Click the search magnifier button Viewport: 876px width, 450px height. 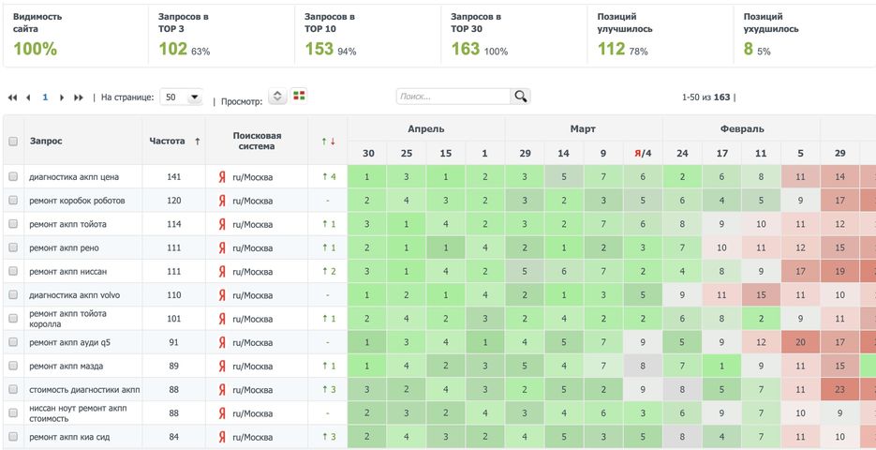[521, 96]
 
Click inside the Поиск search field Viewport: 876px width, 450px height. [453, 97]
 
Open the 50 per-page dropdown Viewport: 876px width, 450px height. [182, 97]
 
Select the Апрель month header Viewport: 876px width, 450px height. [426, 128]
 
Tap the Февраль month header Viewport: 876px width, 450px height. [742, 128]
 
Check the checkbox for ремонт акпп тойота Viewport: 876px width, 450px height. [13, 224]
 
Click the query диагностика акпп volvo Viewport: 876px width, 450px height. [74, 295]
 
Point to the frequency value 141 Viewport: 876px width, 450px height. [173, 176]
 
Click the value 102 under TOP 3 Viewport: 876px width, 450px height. [172, 49]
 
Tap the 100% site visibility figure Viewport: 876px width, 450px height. [35, 49]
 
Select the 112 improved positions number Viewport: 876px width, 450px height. [611, 49]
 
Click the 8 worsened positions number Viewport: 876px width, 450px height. [748, 49]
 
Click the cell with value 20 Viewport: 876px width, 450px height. [799, 342]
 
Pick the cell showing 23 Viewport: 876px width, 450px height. [839, 390]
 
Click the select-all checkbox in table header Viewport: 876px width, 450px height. [13, 141]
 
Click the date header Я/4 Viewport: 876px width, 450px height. [642, 153]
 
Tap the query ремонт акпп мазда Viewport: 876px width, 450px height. [66, 366]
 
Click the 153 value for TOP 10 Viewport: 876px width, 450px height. [319, 49]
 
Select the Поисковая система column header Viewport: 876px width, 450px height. [256, 141]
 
